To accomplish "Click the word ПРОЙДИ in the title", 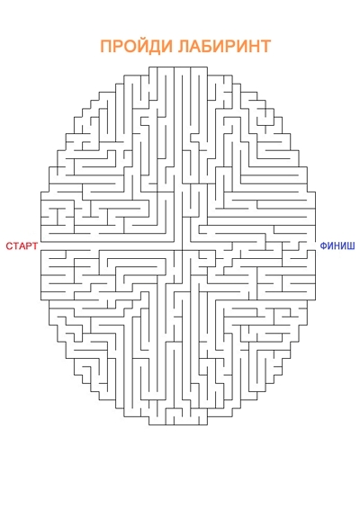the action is click(137, 46).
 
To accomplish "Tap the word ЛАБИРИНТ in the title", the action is click(225, 46).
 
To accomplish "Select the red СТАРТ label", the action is click(22, 246).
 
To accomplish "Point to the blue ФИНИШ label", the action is click(337, 246).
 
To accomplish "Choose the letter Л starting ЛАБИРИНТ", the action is click(184, 47).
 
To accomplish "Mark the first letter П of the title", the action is click(105, 47).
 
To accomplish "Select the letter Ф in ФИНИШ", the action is click(324, 246).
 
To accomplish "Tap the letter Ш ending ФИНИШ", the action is click(351, 246).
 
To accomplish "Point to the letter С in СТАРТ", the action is click(9, 246).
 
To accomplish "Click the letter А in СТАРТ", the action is click(22, 246).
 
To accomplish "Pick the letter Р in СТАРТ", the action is click(29, 246).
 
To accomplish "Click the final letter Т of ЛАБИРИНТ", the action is click(265, 47).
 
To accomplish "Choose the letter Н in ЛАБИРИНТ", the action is click(254, 47).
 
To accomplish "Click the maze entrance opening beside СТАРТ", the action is click(41, 246).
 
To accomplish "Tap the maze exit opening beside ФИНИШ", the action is click(315, 246).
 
